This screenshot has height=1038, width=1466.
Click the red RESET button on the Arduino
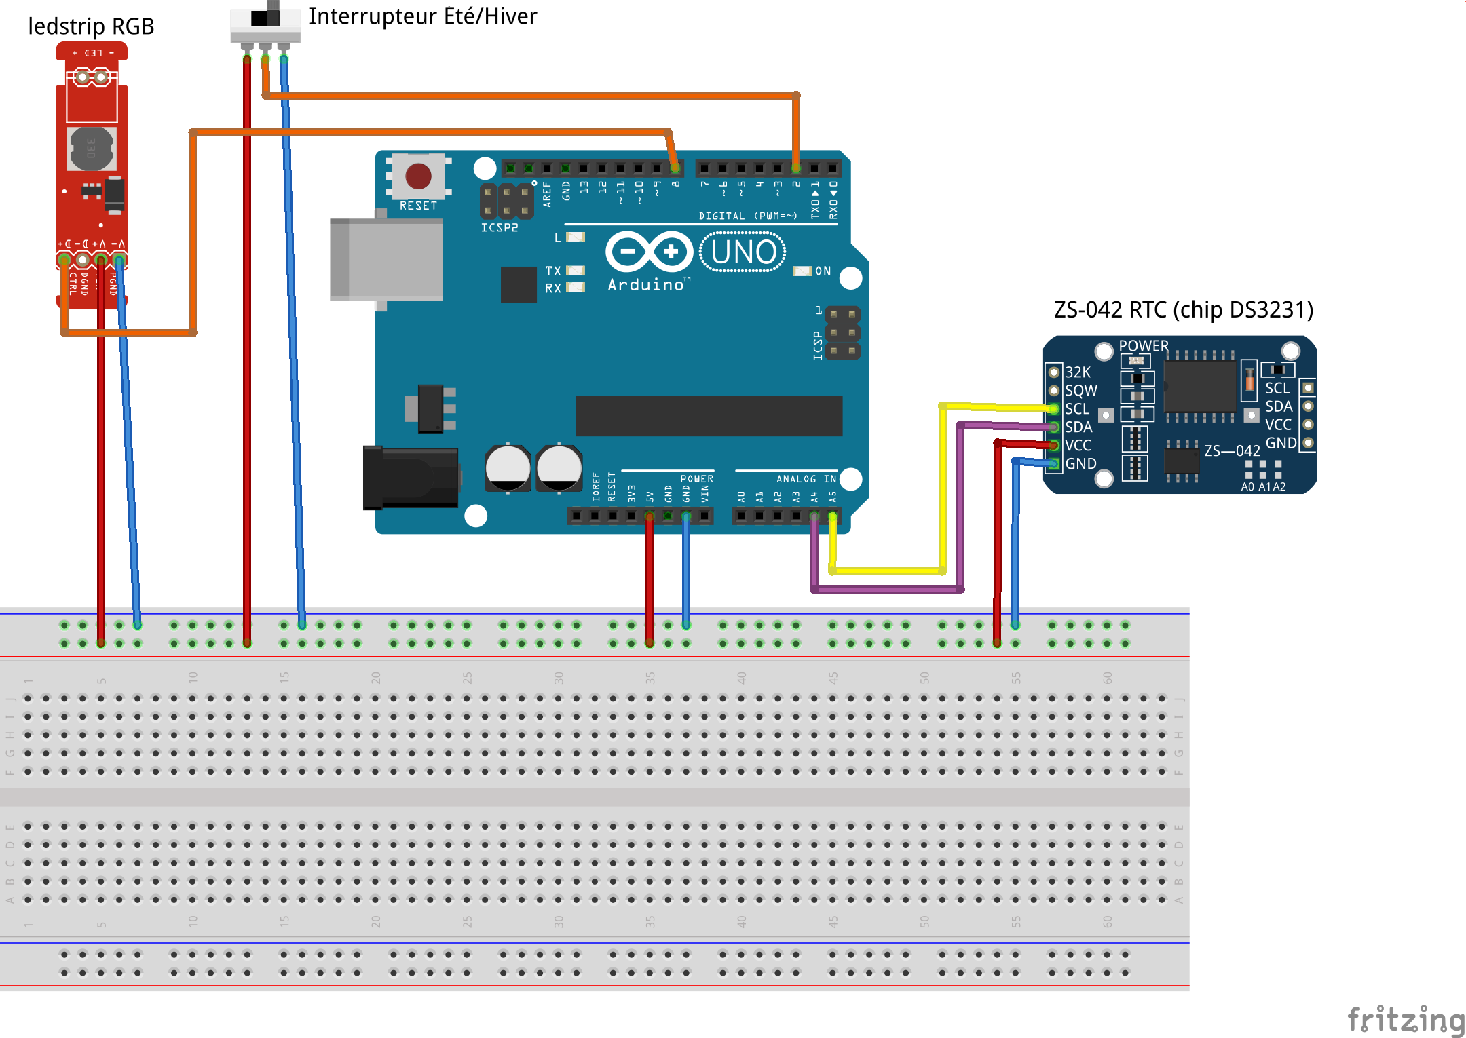[x=418, y=176]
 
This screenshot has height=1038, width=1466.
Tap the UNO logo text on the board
[x=743, y=252]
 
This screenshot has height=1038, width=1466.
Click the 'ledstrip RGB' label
[x=91, y=26]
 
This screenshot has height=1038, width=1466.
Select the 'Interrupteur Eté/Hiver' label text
[x=422, y=16]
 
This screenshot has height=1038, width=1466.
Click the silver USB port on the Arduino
[x=386, y=259]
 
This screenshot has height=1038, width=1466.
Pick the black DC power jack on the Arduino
[x=410, y=477]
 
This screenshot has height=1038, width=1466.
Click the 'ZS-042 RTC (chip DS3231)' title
[x=1183, y=310]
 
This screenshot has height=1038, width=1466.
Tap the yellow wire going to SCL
[x=943, y=488]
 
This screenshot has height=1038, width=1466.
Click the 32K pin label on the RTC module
[x=1077, y=372]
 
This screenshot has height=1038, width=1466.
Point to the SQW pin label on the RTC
[x=1080, y=391]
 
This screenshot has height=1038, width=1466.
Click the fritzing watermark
[x=1405, y=1019]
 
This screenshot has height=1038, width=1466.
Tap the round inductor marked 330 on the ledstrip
[x=91, y=148]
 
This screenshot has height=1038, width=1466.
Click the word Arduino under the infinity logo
[x=646, y=285]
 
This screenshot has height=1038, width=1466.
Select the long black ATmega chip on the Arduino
[x=709, y=416]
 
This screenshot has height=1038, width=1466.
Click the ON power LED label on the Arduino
[x=823, y=271]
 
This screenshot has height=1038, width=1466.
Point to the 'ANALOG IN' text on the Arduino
[x=806, y=479]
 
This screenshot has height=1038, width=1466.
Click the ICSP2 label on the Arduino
[x=500, y=228]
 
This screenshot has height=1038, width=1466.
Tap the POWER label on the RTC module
[x=1144, y=346]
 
